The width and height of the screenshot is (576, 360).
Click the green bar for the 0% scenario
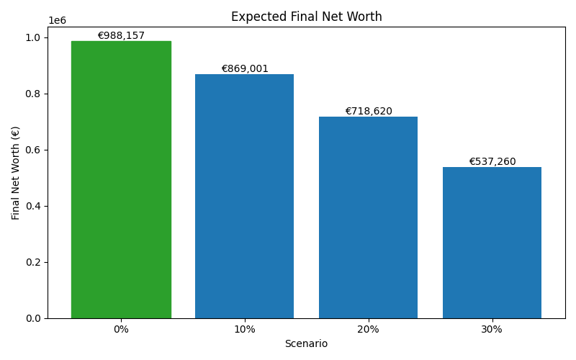[x=121, y=180]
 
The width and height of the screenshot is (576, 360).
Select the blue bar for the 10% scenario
[x=245, y=196]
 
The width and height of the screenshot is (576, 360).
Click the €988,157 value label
[x=121, y=36]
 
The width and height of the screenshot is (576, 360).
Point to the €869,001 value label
[x=245, y=69]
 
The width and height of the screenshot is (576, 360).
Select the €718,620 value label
[x=368, y=112]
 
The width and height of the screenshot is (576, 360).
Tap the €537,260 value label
[x=492, y=162]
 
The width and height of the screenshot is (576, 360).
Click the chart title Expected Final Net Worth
[x=306, y=17]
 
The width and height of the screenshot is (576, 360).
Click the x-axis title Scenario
[x=306, y=344]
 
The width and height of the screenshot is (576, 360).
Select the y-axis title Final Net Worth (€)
[x=16, y=173]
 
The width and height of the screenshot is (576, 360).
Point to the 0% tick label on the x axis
[x=121, y=329]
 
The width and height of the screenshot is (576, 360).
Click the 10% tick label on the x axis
[x=245, y=329]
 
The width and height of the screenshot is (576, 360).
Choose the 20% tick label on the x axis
[x=368, y=329]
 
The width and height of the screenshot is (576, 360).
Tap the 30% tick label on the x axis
[x=492, y=329]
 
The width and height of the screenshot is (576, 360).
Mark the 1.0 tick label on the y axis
[x=34, y=37]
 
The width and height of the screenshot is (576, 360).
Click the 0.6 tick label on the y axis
[x=34, y=150]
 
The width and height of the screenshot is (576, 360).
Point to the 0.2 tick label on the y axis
[x=34, y=262]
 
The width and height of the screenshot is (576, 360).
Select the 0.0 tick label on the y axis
[x=34, y=318]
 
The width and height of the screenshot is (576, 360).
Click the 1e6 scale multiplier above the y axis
[x=57, y=21]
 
